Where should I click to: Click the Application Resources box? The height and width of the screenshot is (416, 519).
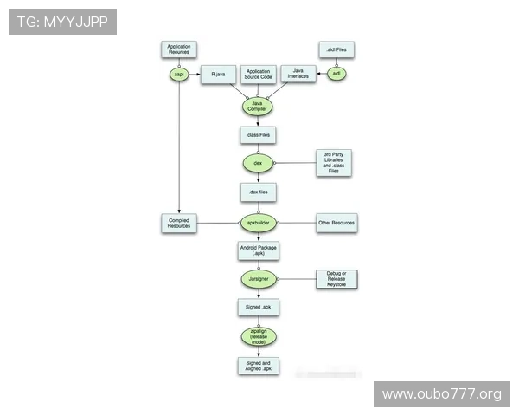(179, 49)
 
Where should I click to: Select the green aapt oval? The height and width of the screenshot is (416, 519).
(180, 75)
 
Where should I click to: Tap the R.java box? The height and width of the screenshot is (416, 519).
(218, 75)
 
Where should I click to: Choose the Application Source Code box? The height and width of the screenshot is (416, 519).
(258, 75)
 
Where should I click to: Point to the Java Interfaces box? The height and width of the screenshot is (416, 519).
(298, 75)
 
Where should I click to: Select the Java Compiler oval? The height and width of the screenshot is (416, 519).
(257, 107)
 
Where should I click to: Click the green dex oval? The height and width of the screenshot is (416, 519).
(258, 162)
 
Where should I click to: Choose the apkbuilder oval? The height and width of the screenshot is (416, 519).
(258, 223)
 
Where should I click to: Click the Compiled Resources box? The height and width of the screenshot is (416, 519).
(179, 223)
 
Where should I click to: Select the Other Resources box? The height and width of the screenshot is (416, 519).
(336, 223)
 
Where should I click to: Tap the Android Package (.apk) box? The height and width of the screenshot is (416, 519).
(258, 250)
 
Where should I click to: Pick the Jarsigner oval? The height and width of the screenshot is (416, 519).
(258, 278)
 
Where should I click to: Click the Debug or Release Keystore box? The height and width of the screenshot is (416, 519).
(336, 278)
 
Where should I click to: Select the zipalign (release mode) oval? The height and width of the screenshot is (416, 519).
(258, 336)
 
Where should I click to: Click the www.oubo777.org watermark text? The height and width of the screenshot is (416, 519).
(441, 394)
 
